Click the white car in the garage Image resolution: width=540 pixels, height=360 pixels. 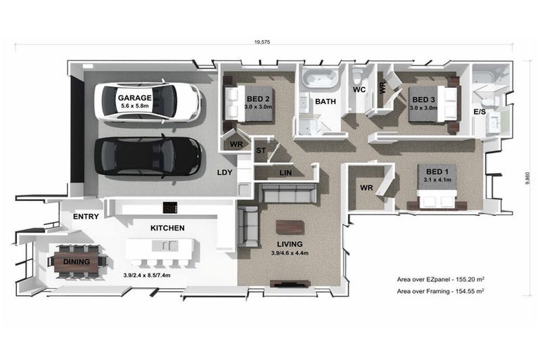point(148,102)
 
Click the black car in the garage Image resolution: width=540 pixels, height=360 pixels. point(148,157)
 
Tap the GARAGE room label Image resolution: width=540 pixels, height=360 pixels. point(135,98)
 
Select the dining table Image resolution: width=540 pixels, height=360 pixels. point(77,262)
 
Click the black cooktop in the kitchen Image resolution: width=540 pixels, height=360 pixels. point(170,207)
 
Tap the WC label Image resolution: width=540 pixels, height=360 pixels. point(359,90)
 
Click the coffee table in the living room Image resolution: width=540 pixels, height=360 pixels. point(290,228)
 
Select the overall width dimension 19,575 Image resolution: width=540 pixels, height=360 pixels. point(262,42)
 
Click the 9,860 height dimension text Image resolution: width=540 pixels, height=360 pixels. point(527,178)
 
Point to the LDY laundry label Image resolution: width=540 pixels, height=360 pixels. point(224,172)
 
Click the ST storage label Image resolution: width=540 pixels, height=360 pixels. point(261,150)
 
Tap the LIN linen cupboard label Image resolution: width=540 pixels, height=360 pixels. point(285,172)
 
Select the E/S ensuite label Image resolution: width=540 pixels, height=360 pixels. point(480,112)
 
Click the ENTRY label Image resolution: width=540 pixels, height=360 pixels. point(86,217)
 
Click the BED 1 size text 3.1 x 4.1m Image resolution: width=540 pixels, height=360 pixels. point(437,180)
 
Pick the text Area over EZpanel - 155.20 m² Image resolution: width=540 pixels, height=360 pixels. point(441,279)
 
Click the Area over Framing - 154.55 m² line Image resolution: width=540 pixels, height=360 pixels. point(440,291)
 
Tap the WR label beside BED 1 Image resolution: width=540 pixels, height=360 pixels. point(366,188)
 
